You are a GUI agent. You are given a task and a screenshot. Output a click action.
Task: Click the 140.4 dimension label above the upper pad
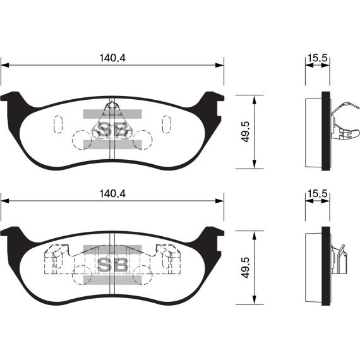(112, 57)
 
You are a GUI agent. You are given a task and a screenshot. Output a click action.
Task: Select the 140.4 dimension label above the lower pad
(112, 194)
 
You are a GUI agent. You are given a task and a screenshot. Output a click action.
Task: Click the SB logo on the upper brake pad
(111, 130)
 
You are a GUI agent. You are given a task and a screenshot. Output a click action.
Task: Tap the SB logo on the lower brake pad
(112, 264)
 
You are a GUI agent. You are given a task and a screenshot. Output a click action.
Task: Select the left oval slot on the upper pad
(57, 123)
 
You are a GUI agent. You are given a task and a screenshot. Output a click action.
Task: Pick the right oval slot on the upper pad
(167, 123)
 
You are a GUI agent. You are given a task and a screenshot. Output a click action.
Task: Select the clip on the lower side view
(342, 259)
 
